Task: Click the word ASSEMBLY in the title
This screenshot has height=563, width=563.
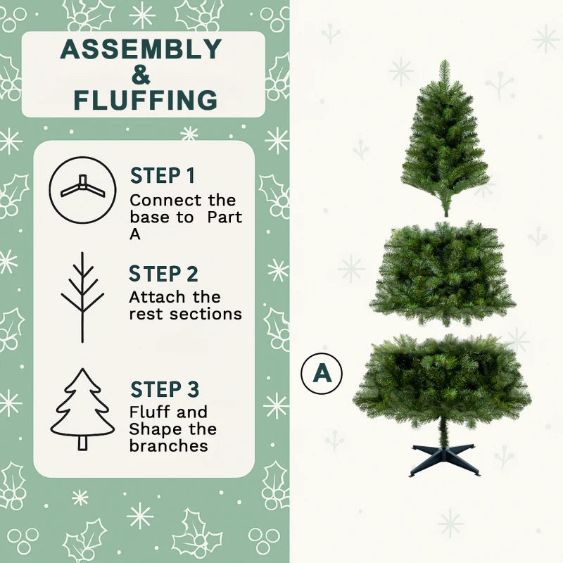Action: (x=141, y=49)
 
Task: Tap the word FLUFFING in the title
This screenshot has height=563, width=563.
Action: (x=146, y=101)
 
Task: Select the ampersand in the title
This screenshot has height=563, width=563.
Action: (x=141, y=75)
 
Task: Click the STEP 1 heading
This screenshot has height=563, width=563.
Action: (x=163, y=176)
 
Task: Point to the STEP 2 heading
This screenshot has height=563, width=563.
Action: (x=164, y=274)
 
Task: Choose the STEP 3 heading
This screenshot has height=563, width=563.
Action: (x=165, y=389)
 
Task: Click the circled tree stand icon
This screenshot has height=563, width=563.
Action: (x=82, y=190)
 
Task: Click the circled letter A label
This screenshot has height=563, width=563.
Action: (x=322, y=372)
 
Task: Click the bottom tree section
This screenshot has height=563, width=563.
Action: (x=443, y=381)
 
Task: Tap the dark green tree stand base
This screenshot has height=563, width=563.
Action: (x=444, y=460)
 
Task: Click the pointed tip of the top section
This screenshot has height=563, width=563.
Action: (x=444, y=65)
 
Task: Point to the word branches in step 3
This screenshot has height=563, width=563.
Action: (x=168, y=445)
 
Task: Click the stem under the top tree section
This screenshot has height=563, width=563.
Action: (x=445, y=209)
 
